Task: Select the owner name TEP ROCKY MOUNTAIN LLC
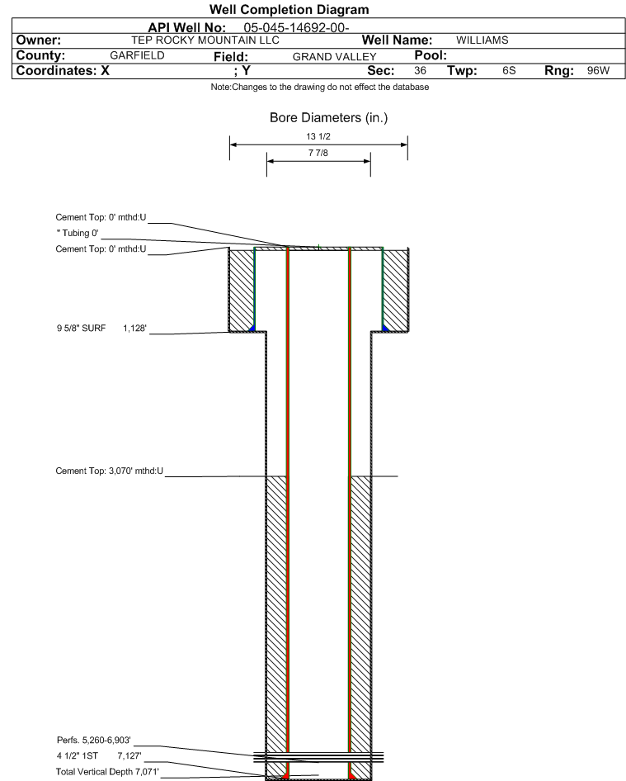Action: click(205, 40)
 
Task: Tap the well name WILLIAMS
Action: click(483, 40)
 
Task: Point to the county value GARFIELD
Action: click(137, 55)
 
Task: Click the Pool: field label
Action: click(421, 55)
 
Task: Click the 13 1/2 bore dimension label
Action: click(318, 138)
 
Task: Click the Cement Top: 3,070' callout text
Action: click(104, 471)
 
